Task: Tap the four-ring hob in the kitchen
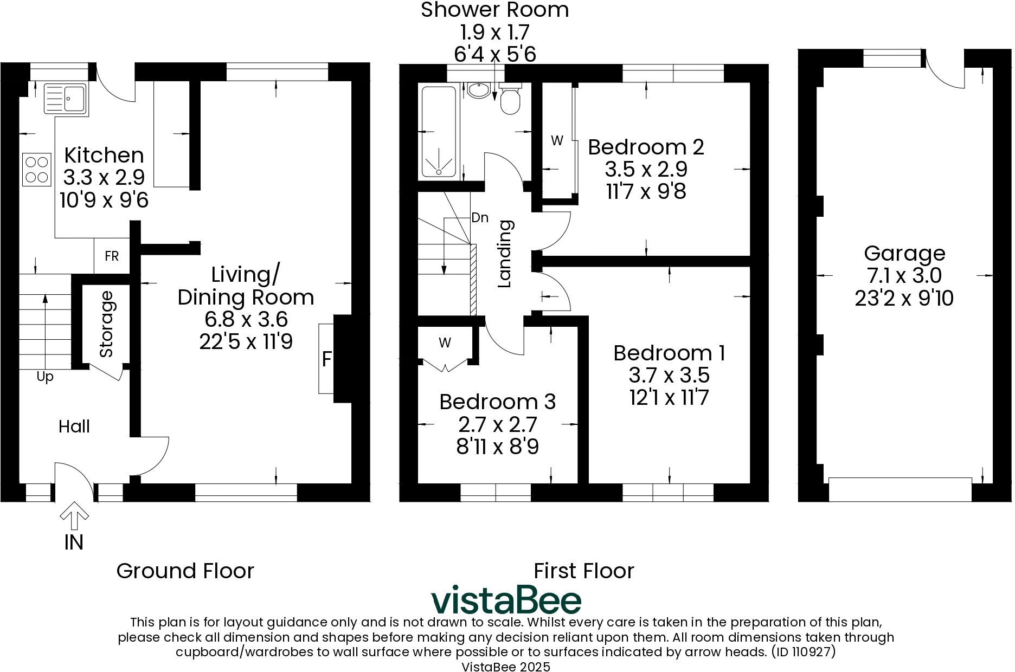coord(37,170)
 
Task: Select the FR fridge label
coord(112,256)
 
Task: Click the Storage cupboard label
coord(107,324)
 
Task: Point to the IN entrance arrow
coord(74,516)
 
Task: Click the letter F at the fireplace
coord(326,359)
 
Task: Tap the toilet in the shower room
coord(510,100)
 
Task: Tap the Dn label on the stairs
coord(480,218)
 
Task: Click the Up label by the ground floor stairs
coord(45,377)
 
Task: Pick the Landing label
coord(505,254)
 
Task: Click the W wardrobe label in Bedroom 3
coord(445,343)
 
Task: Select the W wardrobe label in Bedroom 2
coord(557,141)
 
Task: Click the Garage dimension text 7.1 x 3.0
coord(904,276)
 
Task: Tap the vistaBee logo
coord(506,600)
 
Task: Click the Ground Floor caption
coord(185,571)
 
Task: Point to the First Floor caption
coord(583,571)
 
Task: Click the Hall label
coord(74,427)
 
